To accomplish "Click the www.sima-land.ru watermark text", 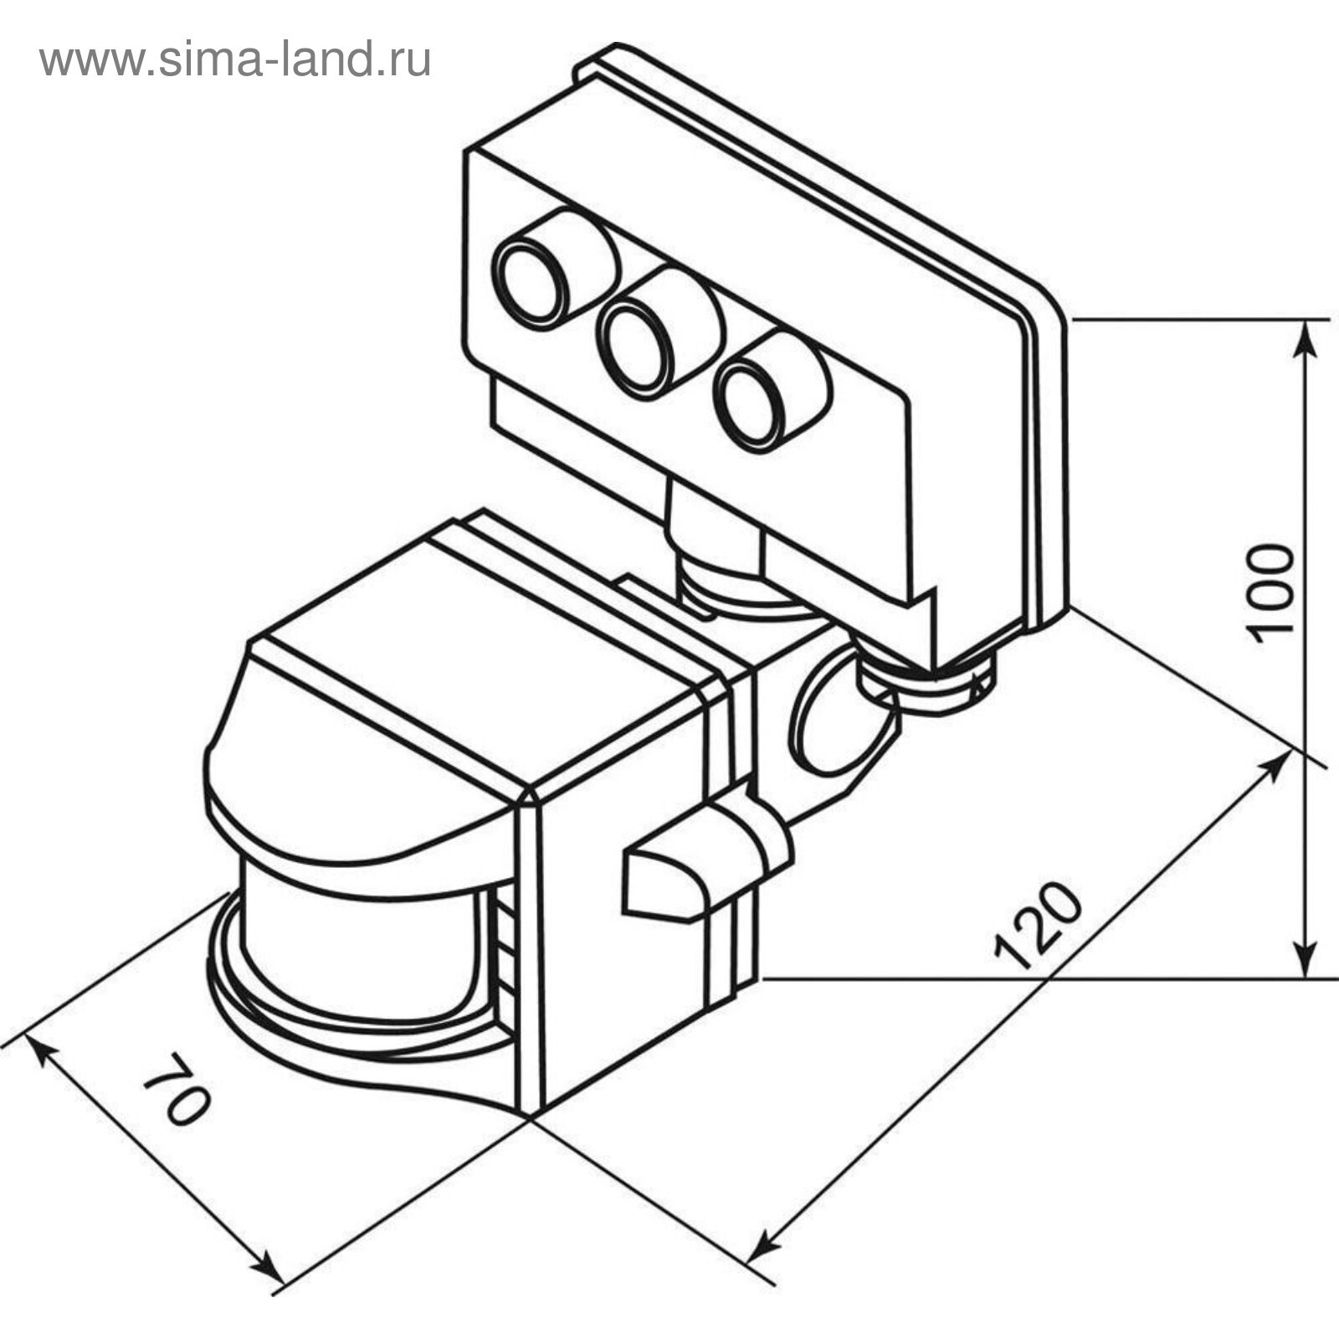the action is point(235,60).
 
